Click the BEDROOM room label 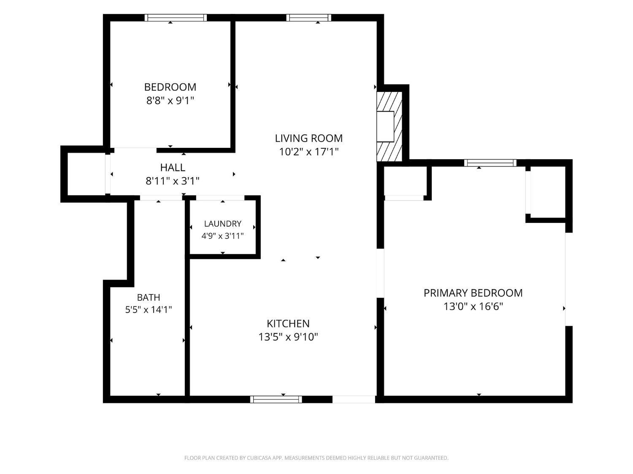(x=170, y=87)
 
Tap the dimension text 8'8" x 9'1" (x=170, y=101)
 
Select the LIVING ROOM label (x=308, y=139)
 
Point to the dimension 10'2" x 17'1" (x=308, y=152)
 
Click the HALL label (x=173, y=168)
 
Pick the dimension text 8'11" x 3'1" (x=173, y=181)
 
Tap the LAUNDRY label (x=223, y=224)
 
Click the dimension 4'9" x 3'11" (x=223, y=236)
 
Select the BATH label (x=149, y=297)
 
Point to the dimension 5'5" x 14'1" (x=149, y=310)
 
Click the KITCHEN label (x=288, y=324)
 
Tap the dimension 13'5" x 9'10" (x=288, y=337)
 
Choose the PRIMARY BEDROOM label (x=473, y=293)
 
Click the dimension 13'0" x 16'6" (x=473, y=306)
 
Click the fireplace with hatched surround (x=390, y=127)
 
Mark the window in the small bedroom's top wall (x=176, y=18)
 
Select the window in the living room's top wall (x=308, y=18)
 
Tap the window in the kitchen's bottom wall (x=276, y=399)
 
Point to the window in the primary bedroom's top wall (x=490, y=163)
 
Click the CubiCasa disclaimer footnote (x=316, y=458)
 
